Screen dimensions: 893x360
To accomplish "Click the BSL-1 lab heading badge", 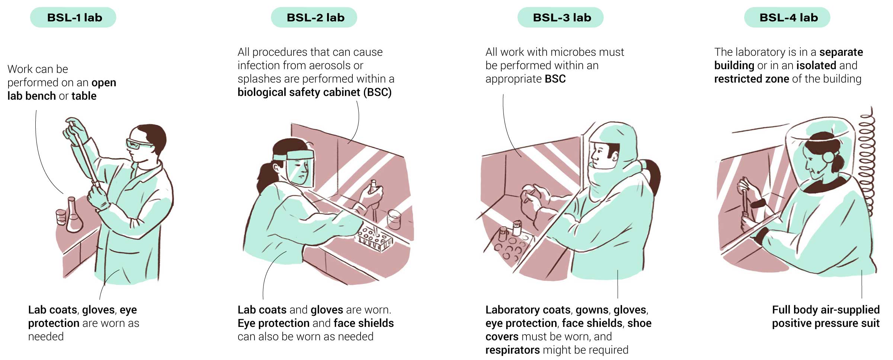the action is click(73, 17).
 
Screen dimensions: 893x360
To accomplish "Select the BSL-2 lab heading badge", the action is click(314, 17).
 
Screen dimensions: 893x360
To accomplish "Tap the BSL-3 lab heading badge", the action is click(560, 17).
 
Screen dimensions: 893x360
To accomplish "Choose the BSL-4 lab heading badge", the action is click(787, 17).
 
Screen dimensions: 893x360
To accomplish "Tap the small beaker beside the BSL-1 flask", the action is click(61, 217).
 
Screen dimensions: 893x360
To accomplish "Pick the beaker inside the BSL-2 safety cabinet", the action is click(394, 219).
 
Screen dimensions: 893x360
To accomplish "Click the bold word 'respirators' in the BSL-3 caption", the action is click(512, 350).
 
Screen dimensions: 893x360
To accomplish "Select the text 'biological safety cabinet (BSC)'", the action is click(314, 92).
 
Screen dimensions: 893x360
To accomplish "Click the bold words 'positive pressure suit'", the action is click(826, 323).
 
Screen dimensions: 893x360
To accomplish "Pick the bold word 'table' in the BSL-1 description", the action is click(84, 96).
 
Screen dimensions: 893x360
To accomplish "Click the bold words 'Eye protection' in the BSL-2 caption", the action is click(273, 323).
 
